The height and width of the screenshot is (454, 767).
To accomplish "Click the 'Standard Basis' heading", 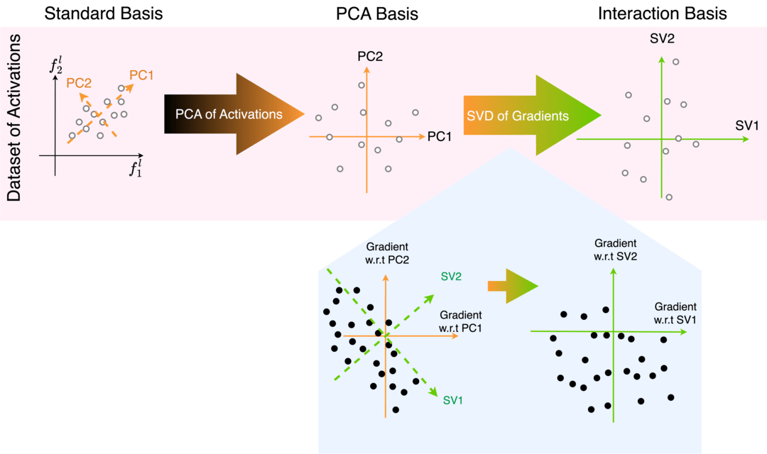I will [x=104, y=13].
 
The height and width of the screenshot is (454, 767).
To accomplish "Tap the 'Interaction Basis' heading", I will [x=662, y=13].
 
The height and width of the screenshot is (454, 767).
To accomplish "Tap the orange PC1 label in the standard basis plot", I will [x=141, y=74].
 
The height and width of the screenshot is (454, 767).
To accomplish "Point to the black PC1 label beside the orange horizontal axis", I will [x=440, y=135].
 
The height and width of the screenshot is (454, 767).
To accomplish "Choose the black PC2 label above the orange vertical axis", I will [x=370, y=55].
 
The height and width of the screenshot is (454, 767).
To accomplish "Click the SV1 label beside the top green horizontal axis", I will [x=747, y=126].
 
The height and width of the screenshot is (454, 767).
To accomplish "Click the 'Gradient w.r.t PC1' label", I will [x=461, y=321].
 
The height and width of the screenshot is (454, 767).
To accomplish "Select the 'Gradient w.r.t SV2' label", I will [x=615, y=248].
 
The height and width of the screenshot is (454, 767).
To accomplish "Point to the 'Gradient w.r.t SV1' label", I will [x=675, y=313].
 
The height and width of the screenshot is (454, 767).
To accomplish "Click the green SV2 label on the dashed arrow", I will [x=452, y=275].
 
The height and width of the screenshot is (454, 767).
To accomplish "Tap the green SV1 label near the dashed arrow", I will [x=452, y=401].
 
